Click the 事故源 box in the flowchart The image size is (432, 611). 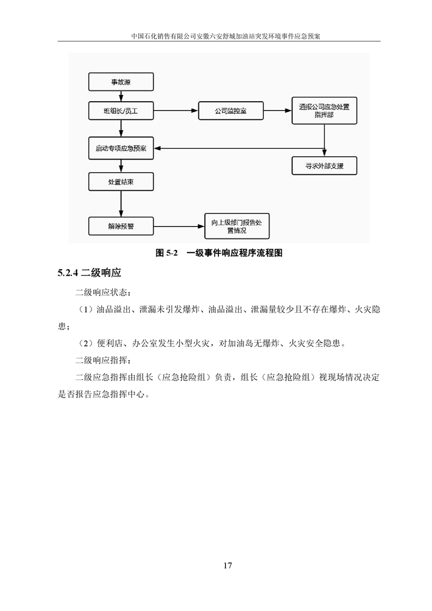coord(120,83)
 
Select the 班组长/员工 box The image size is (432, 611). coord(120,111)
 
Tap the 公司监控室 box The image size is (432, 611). coord(231,111)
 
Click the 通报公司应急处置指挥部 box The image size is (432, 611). coord(324,111)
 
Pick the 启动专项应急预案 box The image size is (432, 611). coord(120,149)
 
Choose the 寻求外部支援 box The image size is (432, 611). coord(324,166)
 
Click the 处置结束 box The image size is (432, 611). coord(120,182)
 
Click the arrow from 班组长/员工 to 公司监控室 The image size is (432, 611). coord(175,111)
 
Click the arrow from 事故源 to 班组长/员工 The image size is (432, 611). coord(120,96)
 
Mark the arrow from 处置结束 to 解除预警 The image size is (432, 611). coord(120,204)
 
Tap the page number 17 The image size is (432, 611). coord(228,565)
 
